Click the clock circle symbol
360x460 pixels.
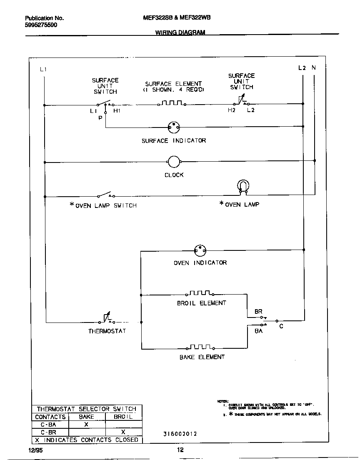(x=173, y=162)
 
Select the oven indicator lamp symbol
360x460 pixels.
(x=200, y=250)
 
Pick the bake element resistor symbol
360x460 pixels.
(x=202, y=347)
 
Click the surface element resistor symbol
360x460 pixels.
(x=172, y=103)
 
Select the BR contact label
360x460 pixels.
(x=258, y=312)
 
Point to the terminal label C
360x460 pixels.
(x=281, y=326)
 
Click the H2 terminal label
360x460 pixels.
(x=232, y=110)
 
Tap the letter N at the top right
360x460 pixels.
(x=313, y=67)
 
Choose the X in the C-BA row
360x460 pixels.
(x=86, y=424)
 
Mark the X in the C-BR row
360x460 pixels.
(x=123, y=432)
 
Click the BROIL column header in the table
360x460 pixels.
(x=123, y=417)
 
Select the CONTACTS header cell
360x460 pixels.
(x=50, y=417)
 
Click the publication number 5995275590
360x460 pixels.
(x=41, y=25)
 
